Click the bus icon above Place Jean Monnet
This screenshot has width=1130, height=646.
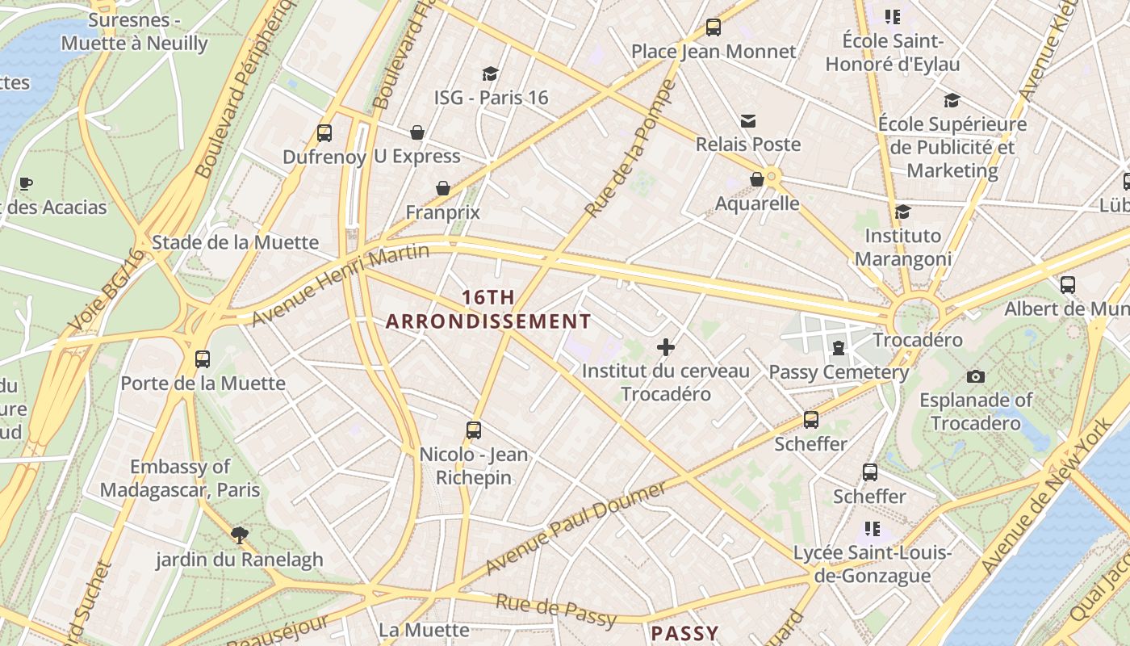[713, 27]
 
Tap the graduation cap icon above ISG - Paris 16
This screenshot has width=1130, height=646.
[490, 74]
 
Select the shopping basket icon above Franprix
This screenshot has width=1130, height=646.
[443, 188]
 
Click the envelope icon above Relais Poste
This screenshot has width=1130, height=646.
[748, 121]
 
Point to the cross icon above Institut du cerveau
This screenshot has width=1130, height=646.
[666, 347]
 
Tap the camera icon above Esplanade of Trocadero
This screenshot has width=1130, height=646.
[975, 376]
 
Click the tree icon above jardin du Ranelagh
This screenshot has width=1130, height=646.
[239, 535]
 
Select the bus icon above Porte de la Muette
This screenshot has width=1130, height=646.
[203, 359]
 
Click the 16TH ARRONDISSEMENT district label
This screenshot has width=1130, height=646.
[488, 309]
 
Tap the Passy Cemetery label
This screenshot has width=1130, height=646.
[839, 372]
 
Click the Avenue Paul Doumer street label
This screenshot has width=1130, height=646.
[577, 526]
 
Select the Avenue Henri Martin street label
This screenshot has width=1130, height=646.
[340, 283]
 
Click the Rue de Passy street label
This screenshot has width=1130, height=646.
[555, 610]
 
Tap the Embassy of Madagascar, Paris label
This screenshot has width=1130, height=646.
[180, 478]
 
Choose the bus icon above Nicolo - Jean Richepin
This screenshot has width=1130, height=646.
[474, 430]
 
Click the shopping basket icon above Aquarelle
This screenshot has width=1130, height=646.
[757, 179]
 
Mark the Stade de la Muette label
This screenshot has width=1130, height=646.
[235, 242]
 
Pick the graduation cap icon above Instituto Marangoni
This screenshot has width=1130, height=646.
[902, 212]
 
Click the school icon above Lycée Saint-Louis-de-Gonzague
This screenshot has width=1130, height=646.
[872, 529]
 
